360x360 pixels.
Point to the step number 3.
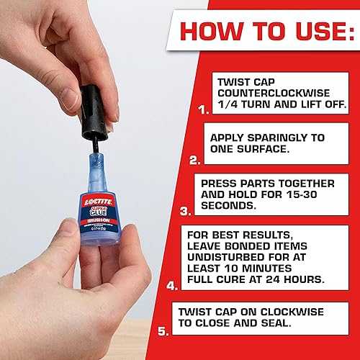(185, 211)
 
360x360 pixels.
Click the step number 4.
(172, 285)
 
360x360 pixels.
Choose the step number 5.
(163, 333)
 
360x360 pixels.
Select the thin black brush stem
(94, 143)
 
